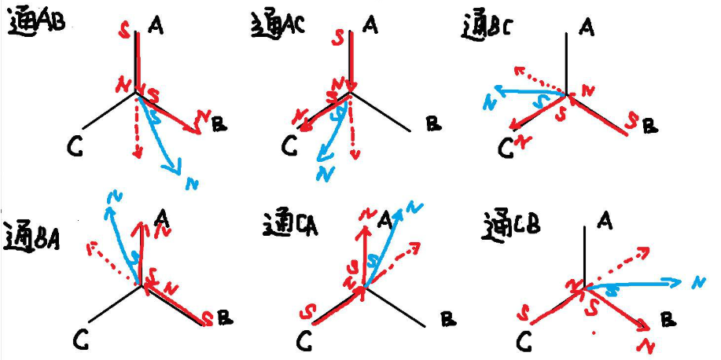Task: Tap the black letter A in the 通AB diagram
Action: [x=156, y=26]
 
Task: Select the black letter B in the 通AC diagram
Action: [x=432, y=123]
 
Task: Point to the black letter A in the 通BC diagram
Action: [x=587, y=29]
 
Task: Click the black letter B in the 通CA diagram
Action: [x=448, y=319]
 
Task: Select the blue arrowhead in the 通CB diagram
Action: [x=674, y=280]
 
